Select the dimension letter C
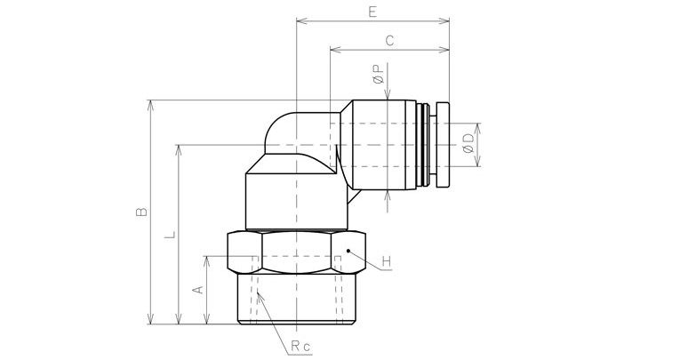[x=389, y=40]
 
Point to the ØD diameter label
[x=468, y=144]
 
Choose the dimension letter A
[x=198, y=290]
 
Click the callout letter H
[x=387, y=261]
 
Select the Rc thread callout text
[x=299, y=347]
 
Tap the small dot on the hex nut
[x=348, y=252]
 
